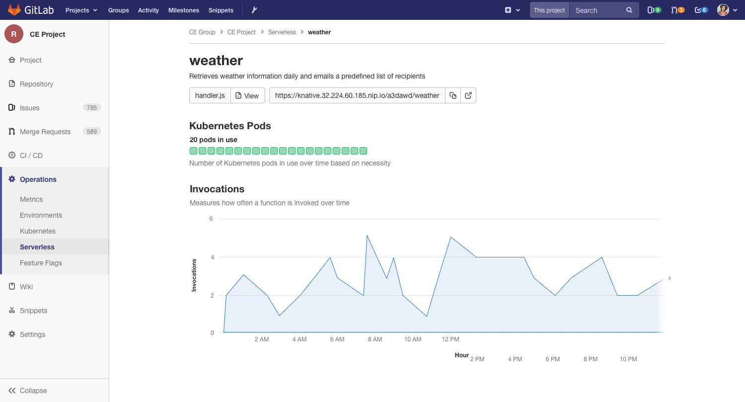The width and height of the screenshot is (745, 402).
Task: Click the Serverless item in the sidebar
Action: tap(37, 247)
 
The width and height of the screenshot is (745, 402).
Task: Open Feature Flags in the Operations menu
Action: tap(41, 263)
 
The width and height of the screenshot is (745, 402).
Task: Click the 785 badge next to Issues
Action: tap(92, 108)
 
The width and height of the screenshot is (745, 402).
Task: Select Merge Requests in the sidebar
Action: tap(45, 132)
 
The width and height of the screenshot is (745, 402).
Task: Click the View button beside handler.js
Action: tap(247, 95)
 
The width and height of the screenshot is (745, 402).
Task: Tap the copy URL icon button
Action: tap(453, 95)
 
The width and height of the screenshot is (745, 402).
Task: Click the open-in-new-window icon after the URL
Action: tap(468, 95)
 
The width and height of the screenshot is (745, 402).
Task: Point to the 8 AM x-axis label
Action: tap(375, 339)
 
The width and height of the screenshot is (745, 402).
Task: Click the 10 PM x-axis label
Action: tap(628, 359)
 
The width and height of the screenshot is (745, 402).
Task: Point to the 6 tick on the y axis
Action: tap(211, 219)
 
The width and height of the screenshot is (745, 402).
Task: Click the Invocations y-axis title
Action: tap(194, 275)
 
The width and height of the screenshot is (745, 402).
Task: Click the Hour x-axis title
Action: tap(462, 355)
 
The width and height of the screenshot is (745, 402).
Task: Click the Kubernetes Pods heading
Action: tap(230, 126)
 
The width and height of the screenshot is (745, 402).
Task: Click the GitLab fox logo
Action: tap(14, 10)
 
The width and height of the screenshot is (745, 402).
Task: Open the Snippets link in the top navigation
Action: tap(221, 10)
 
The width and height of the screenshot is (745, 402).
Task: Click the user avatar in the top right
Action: tap(723, 10)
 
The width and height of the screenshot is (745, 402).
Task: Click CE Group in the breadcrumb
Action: tap(202, 32)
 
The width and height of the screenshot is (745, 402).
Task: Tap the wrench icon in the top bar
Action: tap(254, 10)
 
